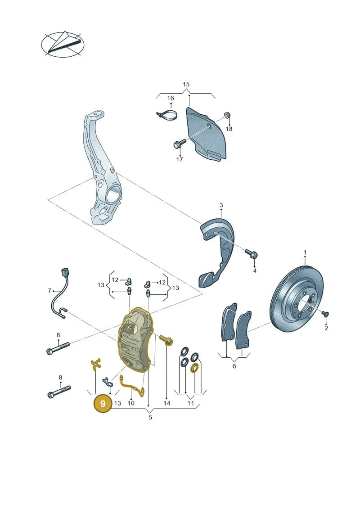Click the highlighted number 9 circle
(x=103, y=404)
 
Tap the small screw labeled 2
(x=324, y=313)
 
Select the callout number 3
(x=221, y=205)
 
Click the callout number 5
(x=150, y=417)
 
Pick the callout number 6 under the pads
(x=234, y=366)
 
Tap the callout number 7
(x=49, y=291)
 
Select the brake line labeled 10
(x=131, y=385)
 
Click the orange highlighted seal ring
(x=194, y=368)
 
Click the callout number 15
(x=186, y=85)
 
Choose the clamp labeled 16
(x=167, y=116)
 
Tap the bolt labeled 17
(x=179, y=143)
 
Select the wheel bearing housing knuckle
(x=101, y=169)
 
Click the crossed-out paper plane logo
(x=63, y=45)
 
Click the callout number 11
(x=190, y=403)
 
